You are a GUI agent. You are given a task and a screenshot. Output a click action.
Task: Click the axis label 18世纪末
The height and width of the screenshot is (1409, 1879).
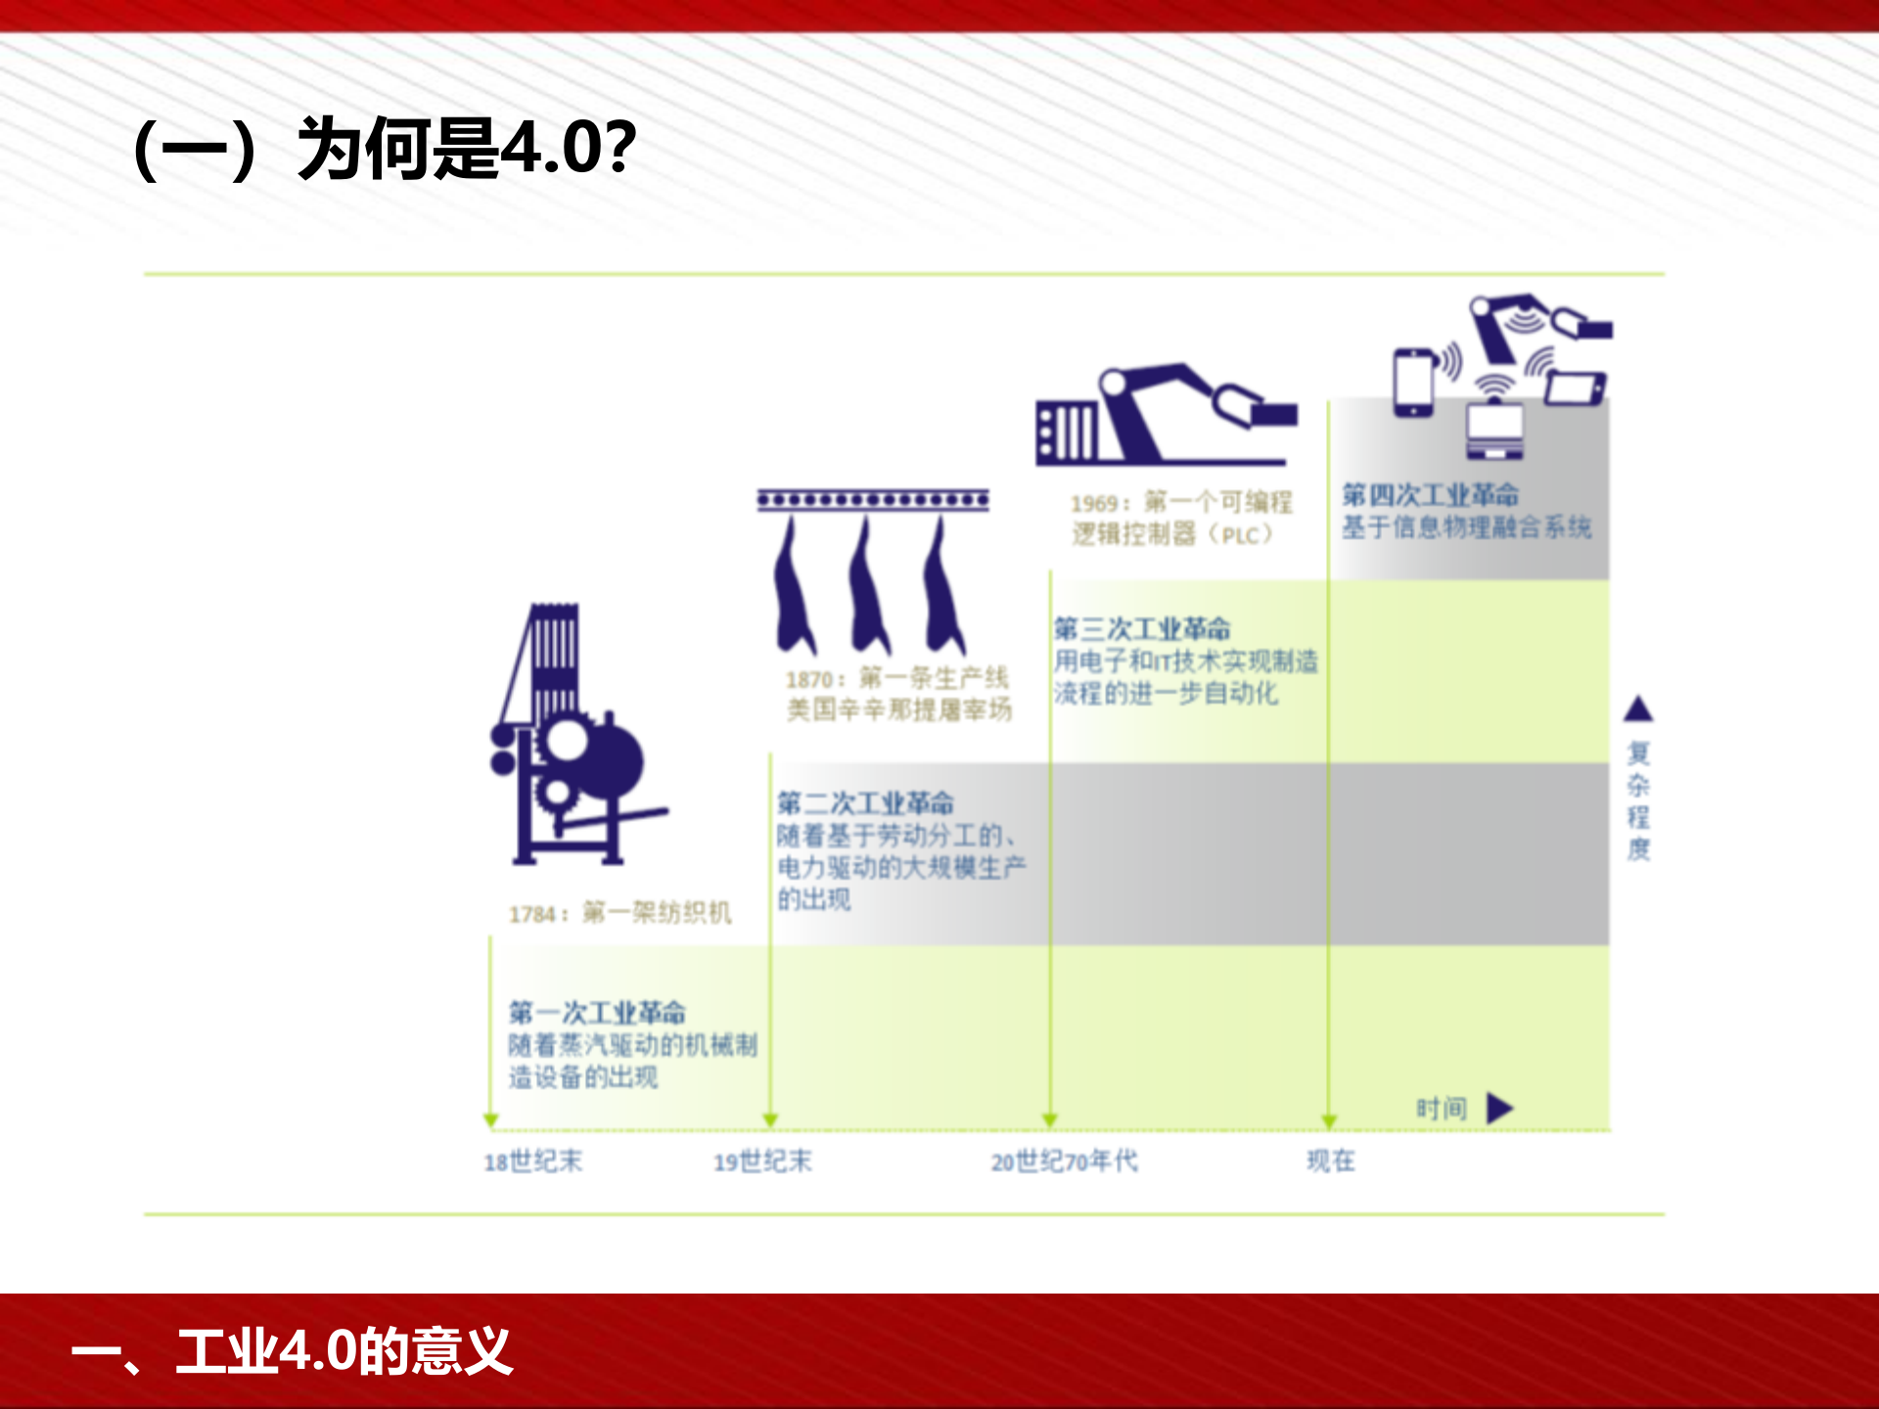(x=533, y=1161)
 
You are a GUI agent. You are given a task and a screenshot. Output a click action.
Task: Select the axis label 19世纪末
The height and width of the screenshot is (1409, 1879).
(x=762, y=1161)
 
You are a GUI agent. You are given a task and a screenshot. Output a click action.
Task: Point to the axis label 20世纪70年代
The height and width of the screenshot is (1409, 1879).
(x=1064, y=1161)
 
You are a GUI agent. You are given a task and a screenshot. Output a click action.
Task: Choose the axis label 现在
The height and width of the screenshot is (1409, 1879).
(x=1331, y=1160)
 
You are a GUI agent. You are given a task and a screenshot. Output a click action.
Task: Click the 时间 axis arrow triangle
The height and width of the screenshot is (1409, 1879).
(x=1498, y=1109)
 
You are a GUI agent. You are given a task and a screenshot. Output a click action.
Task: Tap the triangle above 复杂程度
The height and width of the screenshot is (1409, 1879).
(x=1638, y=708)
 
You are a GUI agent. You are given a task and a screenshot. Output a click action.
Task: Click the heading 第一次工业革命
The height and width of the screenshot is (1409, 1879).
(x=597, y=1012)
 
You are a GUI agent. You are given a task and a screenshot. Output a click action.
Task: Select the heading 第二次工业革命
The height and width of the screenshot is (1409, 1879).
(x=865, y=803)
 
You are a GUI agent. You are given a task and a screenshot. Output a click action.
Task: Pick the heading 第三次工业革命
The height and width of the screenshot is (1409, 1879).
(x=1142, y=628)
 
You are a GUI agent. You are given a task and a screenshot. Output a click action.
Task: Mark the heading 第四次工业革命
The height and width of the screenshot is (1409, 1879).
(x=1430, y=495)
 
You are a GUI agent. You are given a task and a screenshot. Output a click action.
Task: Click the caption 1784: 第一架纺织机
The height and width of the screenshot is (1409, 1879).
(x=619, y=913)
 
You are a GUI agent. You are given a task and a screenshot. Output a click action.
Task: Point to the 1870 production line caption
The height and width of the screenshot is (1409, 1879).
(x=898, y=694)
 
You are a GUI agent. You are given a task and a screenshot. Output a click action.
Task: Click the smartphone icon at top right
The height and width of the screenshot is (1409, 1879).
(x=1414, y=383)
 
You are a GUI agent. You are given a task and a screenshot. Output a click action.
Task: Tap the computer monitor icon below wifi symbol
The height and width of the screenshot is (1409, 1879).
(x=1494, y=431)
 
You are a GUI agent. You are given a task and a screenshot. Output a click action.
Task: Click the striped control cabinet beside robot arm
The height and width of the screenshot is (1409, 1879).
(x=1066, y=431)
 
